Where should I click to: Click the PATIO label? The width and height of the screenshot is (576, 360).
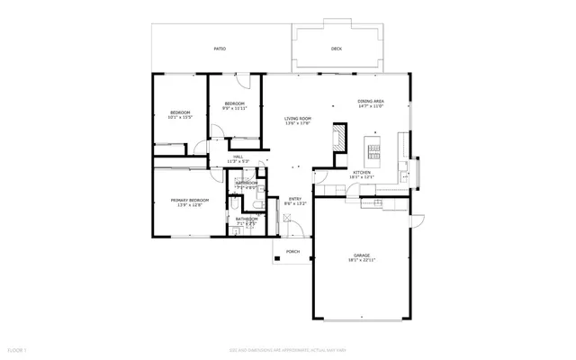tap(220, 49)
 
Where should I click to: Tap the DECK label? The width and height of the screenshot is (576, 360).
tap(337, 49)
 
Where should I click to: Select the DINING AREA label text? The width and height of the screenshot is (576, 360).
tap(371, 101)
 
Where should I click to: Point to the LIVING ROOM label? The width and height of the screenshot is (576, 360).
tap(298, 118)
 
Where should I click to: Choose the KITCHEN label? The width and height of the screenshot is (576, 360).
tap(362, 172)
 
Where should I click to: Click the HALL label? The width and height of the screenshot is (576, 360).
tap(238, 157)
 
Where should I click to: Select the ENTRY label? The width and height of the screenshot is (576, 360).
tap(295, 199)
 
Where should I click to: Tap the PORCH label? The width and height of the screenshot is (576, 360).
tap(292, 251)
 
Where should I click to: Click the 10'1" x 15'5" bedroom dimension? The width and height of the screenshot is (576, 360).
tap(181, 117)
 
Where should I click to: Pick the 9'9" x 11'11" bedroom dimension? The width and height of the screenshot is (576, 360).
tap(235, 109)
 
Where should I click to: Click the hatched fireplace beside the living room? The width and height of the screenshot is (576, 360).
tap(338, 139)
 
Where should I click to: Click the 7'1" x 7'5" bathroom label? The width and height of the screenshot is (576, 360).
tap(247, 222)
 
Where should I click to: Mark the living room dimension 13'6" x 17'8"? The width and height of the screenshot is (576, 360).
tap(298, 123)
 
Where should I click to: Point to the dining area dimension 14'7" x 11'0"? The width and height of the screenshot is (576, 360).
tap(371, 106)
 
